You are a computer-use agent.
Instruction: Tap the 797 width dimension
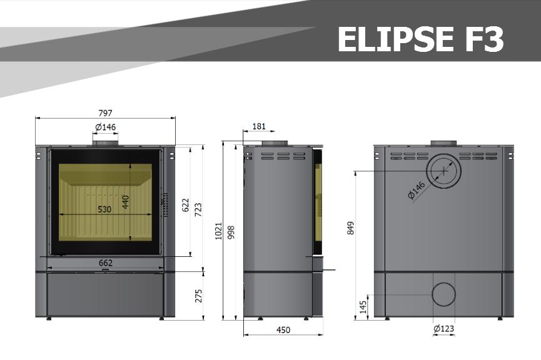coord(105,112)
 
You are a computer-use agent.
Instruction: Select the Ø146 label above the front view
coord(105,127)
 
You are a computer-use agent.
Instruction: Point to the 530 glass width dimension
coord(104,209)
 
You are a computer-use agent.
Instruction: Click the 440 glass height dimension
coord(125,202)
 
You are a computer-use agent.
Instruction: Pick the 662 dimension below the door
coord(106,262)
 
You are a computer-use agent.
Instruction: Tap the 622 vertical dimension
coord(185,205)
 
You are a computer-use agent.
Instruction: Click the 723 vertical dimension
coord(198,209)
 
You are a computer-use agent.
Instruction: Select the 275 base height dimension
coord(199,296)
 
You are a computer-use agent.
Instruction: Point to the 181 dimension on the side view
coord(259,126)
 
